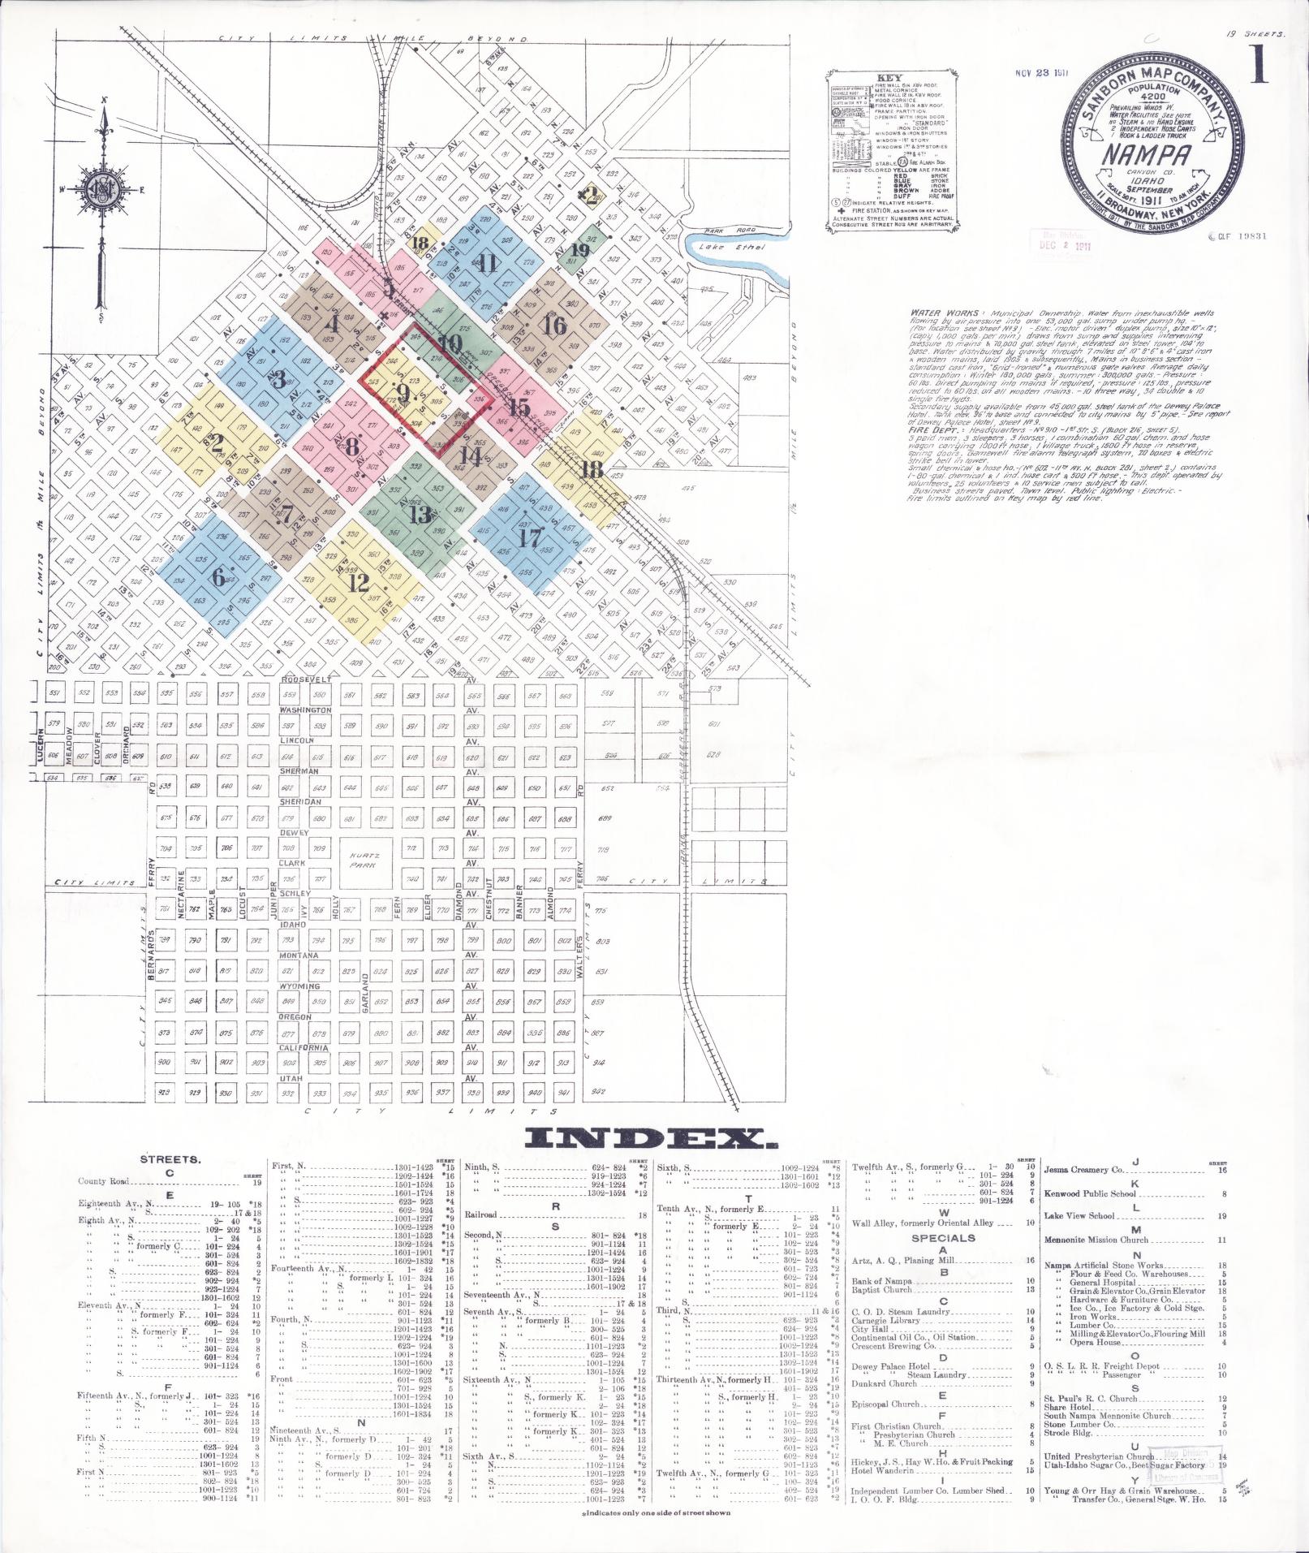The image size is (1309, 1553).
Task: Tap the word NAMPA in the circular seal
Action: pyautogui.click(x=1144, y=153)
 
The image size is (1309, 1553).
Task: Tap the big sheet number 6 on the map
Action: pyautogui.click(x=217, y=577)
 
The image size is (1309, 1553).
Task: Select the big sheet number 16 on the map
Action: pyautogui.click(x=555, y=326)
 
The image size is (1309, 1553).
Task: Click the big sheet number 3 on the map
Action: pyautogui.click(x=278, y=379)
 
